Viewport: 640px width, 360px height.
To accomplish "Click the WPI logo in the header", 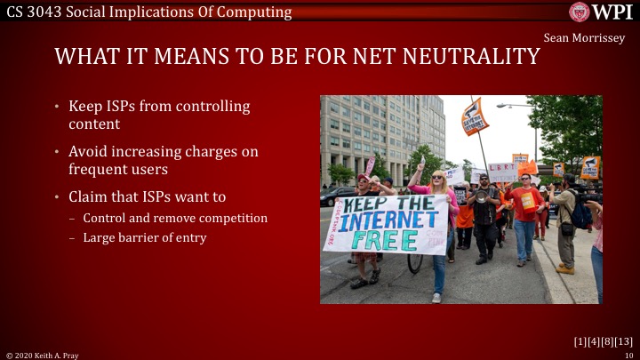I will pos(601,12).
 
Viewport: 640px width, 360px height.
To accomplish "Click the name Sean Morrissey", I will pos(584,38).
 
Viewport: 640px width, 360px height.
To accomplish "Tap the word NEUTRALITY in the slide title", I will pos(463,57).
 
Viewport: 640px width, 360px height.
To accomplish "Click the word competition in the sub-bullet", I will pos(232,218).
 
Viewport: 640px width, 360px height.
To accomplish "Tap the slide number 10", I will pos(628,355).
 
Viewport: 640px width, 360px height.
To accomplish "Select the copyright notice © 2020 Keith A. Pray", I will pos(44,355).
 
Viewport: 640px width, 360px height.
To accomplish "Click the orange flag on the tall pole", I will pos(475,116).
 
